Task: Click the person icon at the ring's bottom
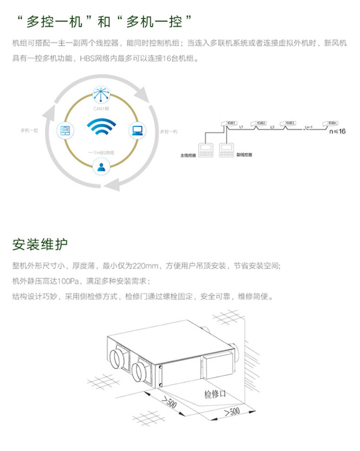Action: coord(101,167)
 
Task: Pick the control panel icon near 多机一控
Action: coord(65,130)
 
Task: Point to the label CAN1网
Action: coord(101,109)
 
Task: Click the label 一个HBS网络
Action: coord(101,152)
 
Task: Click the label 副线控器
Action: coord(244,155)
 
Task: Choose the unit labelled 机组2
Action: coord(261,123)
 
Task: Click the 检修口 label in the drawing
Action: coord(215,394)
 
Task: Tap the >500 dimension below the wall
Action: coord(231,412)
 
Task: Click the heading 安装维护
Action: coord(40,244)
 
